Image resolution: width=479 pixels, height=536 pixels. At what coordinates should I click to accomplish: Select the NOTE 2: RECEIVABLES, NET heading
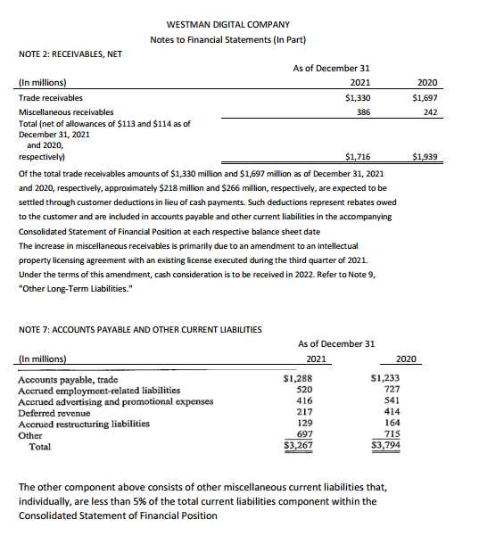point(70,54)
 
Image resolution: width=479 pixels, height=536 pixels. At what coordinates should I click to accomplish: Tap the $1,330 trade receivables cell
point(357,97)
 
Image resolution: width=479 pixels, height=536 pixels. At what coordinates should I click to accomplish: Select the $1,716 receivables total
point(357,156)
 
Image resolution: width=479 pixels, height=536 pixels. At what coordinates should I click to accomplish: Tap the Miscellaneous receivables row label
point(66,112)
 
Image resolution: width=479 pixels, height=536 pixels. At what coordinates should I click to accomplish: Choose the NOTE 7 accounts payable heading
point(140,330)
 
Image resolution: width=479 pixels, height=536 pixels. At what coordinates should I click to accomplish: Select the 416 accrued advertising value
point(303,401)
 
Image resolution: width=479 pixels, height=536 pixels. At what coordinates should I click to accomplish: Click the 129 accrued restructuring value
point(303,423)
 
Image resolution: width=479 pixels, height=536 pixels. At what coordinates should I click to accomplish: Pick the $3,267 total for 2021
point(298,444)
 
